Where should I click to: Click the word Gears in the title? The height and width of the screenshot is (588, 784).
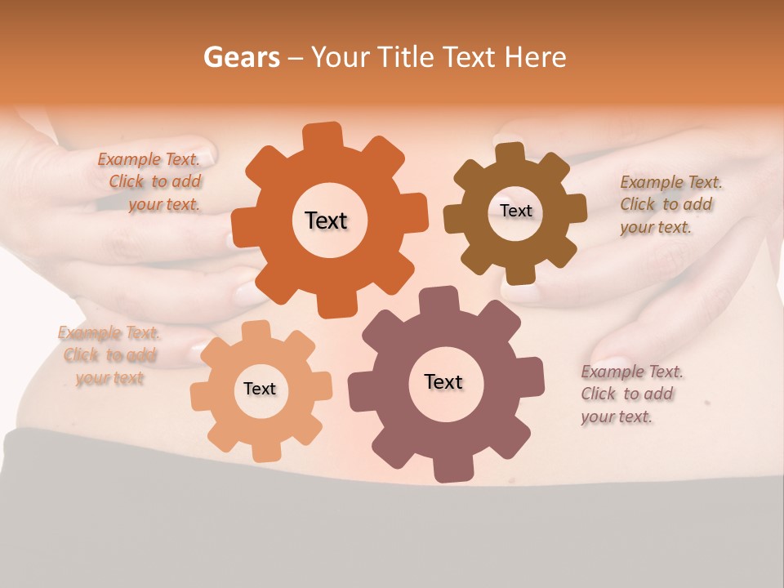tap(241, 57)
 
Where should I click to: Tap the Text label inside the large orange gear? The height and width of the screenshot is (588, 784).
tap(326, 220)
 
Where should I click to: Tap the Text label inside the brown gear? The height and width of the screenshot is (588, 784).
tap(515, 211)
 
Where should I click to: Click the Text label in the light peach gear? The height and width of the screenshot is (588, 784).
tap(260, 389)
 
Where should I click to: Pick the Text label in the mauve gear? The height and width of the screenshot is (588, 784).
tap(443, 381)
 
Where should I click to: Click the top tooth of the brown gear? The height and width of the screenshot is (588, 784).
tap(510, 153)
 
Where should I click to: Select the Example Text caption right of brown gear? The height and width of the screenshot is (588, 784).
tap(670, 204)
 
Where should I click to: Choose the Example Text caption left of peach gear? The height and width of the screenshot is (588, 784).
tap(109, 355)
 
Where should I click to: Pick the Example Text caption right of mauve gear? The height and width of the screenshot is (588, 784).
tap(630, 394)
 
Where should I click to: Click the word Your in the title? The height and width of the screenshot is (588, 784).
tap(336, 57)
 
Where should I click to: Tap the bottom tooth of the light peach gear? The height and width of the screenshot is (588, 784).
tap(265, 451)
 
